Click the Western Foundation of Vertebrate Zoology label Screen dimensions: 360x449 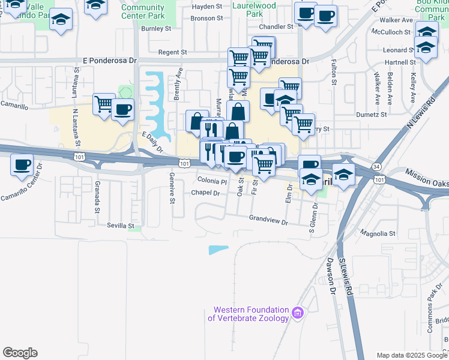[x=249, y=314]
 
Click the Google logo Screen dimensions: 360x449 [x=20, y=353]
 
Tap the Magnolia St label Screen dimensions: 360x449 [x=378, y=233]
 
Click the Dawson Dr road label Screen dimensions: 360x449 [x=331, y=277]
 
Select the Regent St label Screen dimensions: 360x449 [x=173, y=53]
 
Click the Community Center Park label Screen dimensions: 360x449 [x=143, y=11]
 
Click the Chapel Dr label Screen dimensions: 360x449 [x=206, y=193]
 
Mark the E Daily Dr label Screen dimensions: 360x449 [x=152, y=142]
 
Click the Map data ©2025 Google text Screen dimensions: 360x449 [x=411, y=355]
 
